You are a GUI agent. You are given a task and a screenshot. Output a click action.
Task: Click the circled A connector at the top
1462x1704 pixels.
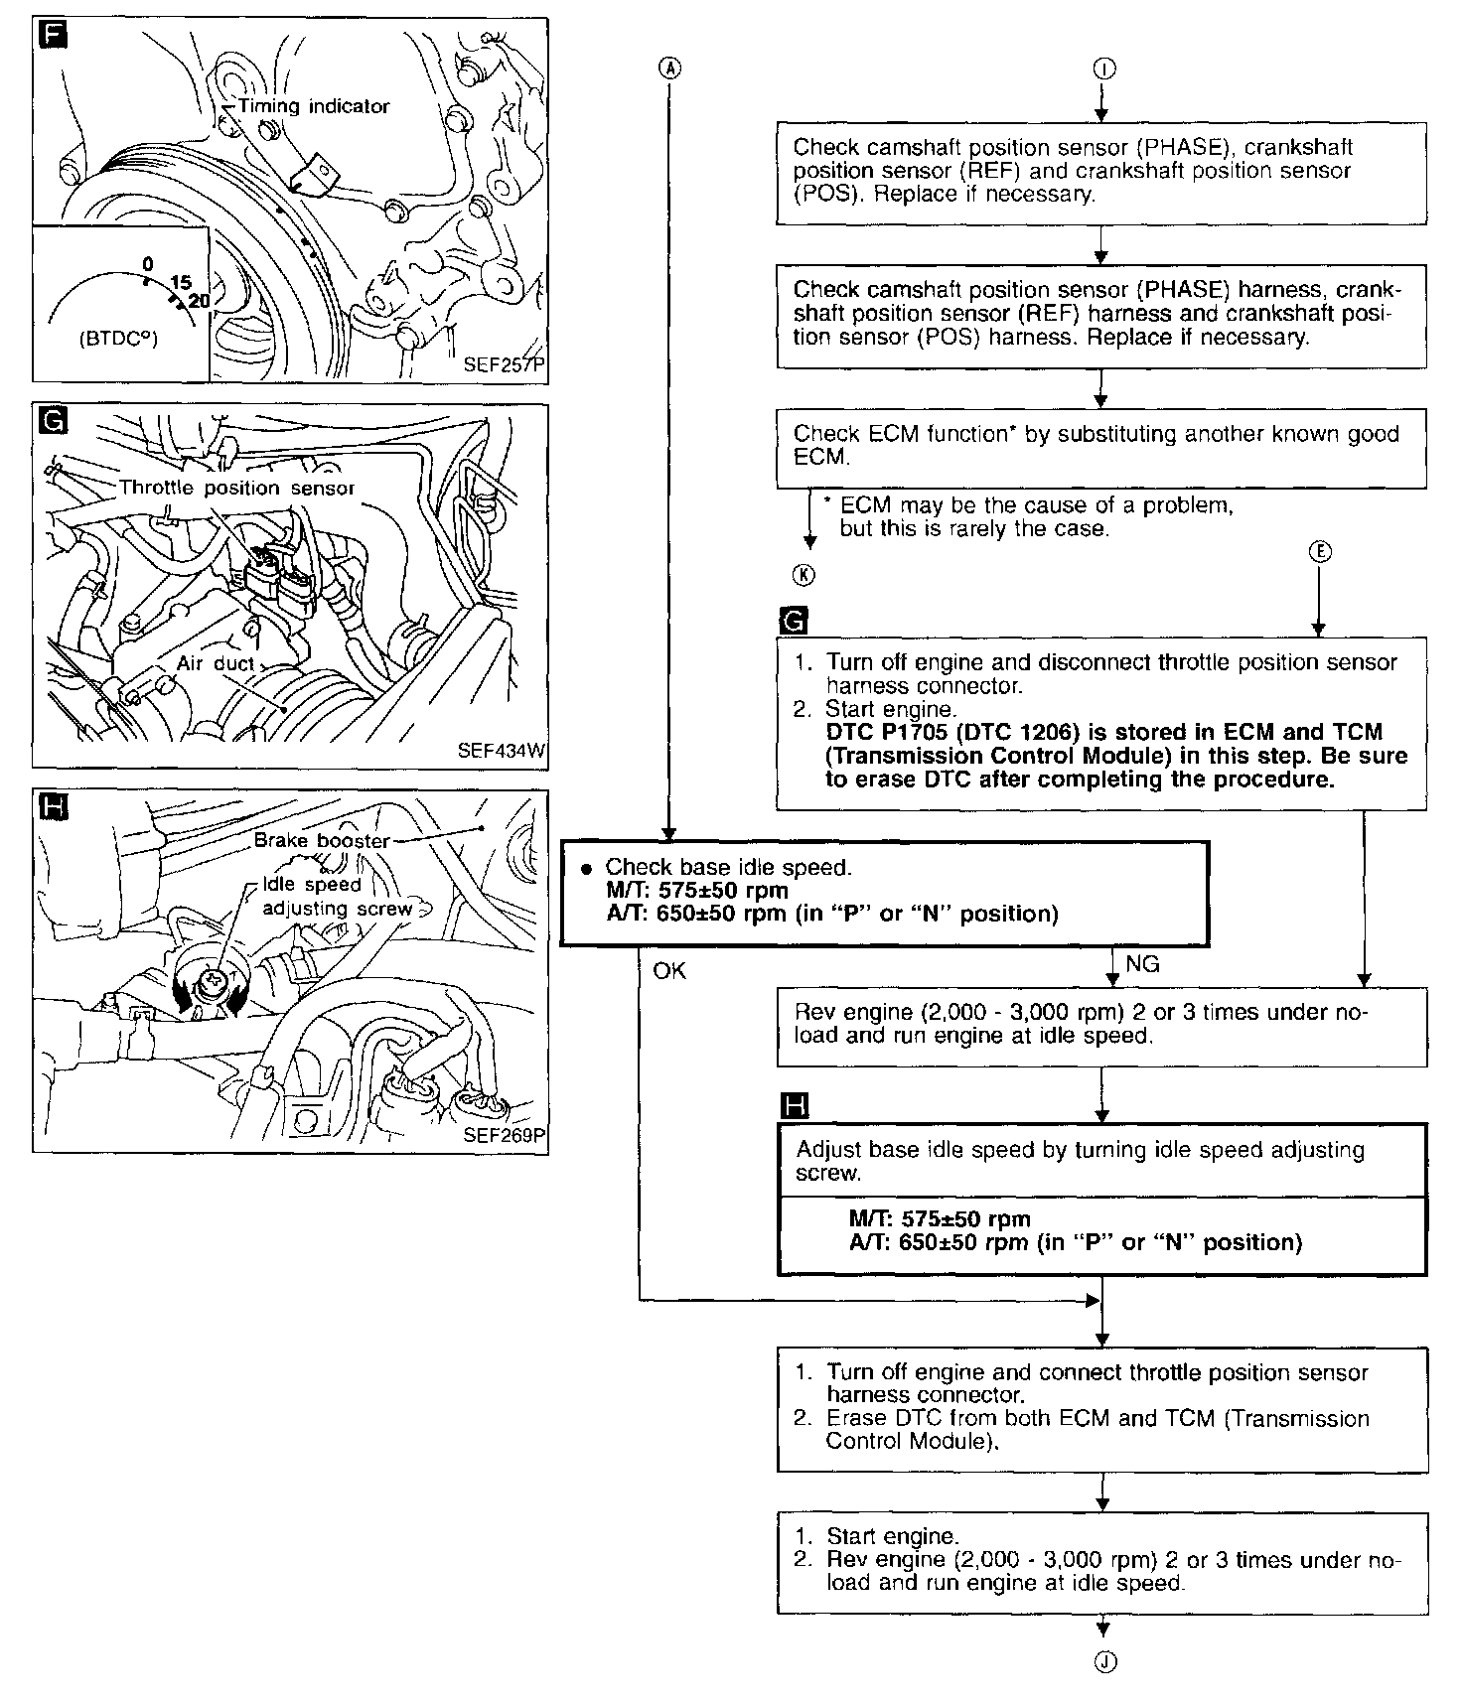click(671, 68)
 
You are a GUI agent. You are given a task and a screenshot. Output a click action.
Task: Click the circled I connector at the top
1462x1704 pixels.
click(1103, 68)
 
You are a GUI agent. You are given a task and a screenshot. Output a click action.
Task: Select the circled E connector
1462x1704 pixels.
click(1319, 553)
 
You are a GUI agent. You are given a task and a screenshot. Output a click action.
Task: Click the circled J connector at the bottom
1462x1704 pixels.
click(1103, 1662)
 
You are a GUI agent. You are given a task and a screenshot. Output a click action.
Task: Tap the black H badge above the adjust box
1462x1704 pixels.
click(795, 1106)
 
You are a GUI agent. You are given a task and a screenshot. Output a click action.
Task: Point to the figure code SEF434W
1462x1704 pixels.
click(502, 751)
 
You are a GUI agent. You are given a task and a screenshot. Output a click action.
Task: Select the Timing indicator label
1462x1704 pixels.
click(314, 106)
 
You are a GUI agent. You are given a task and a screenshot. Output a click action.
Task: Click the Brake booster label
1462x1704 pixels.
click(322, 840)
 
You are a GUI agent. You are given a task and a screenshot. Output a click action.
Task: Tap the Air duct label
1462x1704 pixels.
click(216, 662)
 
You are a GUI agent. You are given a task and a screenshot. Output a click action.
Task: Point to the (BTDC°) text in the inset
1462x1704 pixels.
click(118, 338)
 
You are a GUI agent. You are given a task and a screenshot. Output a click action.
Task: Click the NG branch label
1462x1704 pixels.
click(1142, 963)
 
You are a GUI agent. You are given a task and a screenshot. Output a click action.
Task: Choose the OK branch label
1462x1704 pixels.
click(669, 970)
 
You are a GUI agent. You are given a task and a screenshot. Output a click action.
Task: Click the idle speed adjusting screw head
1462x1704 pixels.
click(211, 983)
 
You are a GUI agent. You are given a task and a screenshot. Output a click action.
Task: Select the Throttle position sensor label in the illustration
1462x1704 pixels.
click(236, 488)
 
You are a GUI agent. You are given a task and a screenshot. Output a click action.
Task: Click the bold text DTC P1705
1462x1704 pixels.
click(890, 732)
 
